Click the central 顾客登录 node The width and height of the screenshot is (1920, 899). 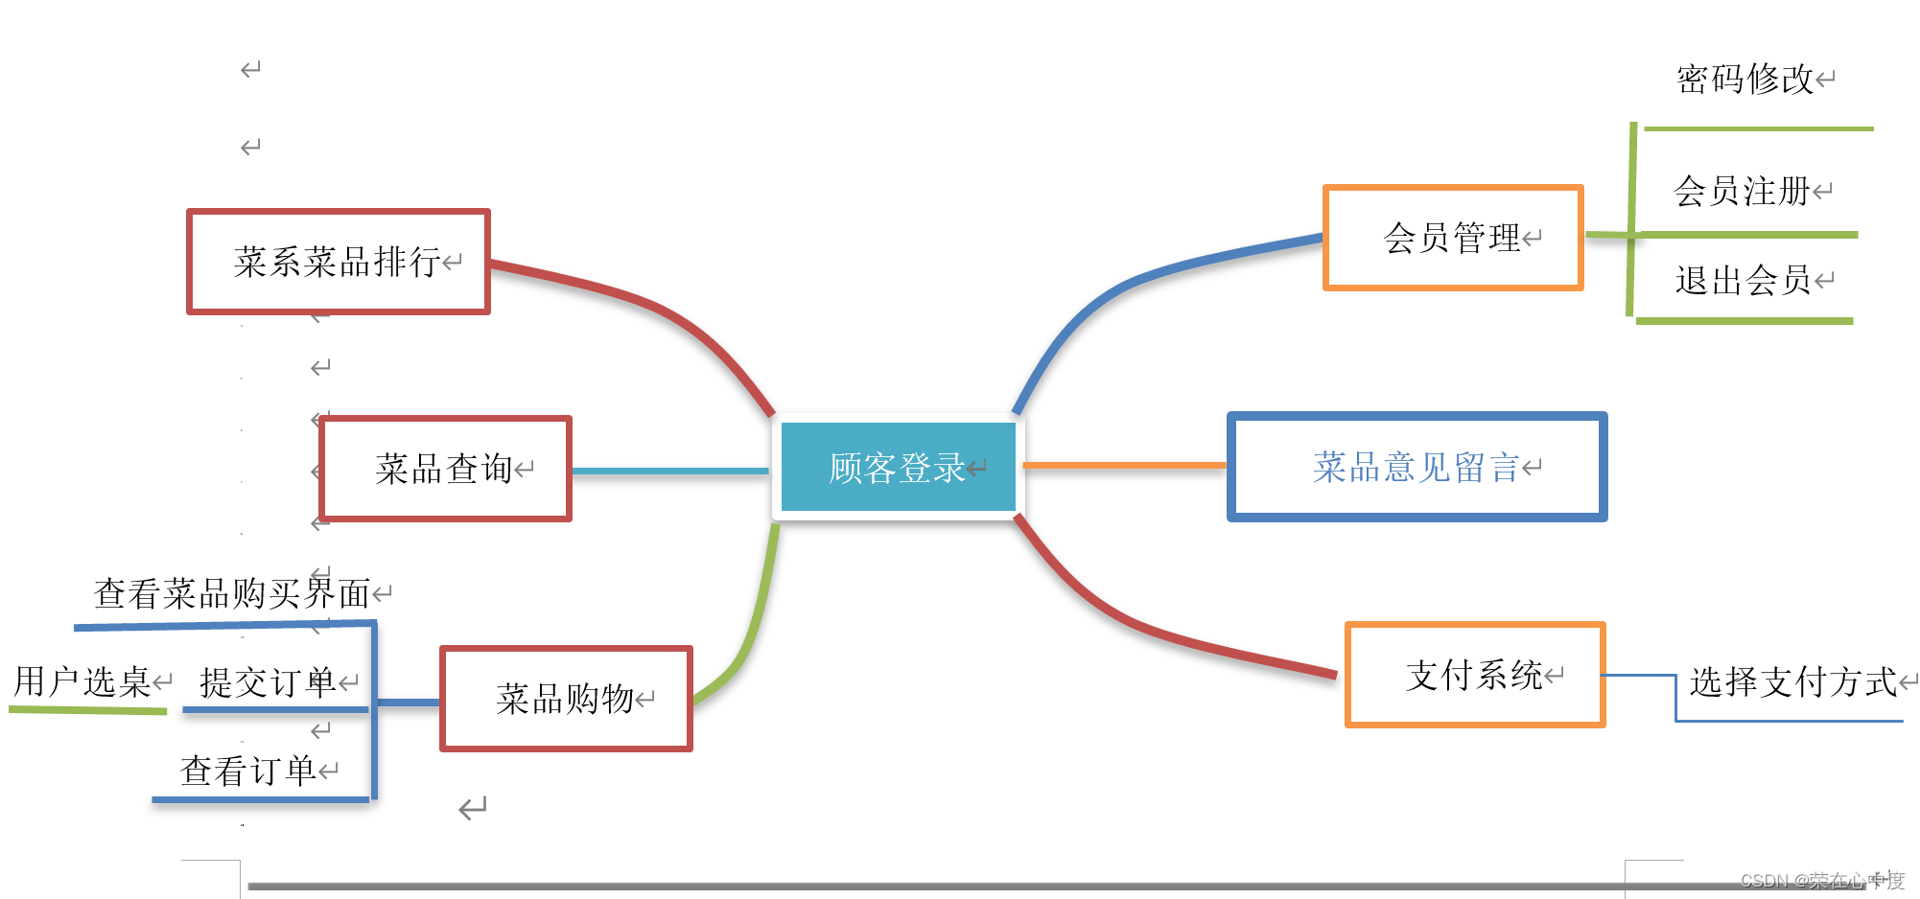pos(898,468)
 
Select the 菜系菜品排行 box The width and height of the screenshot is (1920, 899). pos(338,262)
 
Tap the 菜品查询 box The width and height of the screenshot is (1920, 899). pos(445,470)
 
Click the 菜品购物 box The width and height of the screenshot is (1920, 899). pos(566,699)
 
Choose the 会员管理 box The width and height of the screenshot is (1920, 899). pos(1452,238)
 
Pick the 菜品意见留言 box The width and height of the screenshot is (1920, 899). pos(1417,468)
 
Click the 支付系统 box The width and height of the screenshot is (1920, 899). pos(1474,676)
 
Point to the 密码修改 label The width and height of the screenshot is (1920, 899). pos(1744,80)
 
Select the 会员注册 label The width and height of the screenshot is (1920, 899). pos(1742,192)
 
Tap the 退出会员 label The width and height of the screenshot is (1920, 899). pos(1743,281)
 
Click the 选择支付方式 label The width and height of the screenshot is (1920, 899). pos(1792,682)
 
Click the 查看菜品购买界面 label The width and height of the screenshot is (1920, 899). pos(232,594)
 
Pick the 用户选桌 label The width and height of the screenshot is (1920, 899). pos(82,682)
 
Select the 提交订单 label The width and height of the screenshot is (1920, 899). pos(268,683)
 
